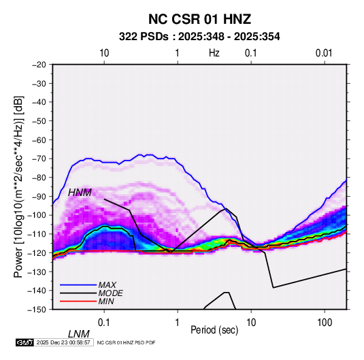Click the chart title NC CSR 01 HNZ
point(199,19)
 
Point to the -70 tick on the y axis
point(39,159)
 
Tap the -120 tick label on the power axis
point(37,252)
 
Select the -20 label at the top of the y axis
point(39,65)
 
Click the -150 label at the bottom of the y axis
point(37,310)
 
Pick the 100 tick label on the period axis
point(325,323)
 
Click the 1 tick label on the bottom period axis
point(178,323)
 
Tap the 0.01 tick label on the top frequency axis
point(324,53)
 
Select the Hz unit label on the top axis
point(214,53)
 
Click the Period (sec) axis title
point(214,330)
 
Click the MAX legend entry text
point(107,285)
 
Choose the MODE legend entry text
point(110,293)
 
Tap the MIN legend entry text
point(106,301)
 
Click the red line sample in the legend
point(78,301)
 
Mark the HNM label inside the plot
point(80,193)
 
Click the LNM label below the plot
point(79,334)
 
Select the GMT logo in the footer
point(24,342)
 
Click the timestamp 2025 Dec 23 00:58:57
point(63,342)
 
